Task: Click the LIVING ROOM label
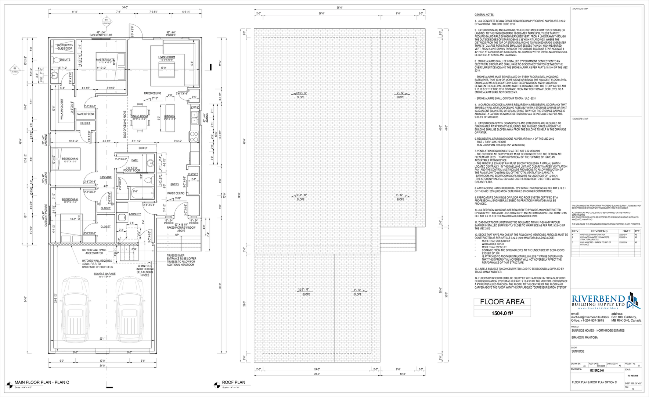(166, 57)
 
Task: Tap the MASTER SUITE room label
(105, 60)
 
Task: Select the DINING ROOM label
(139, 116)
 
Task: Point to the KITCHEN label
(170, 116)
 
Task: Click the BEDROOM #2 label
(69, 159)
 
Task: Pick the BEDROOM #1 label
(69, 199)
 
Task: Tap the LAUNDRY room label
(135, 214)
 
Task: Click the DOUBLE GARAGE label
(105, 274)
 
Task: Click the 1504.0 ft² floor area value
(502, 313)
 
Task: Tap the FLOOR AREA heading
(502, 302)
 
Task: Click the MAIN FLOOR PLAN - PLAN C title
(42, 383)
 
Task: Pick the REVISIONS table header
(599, 231)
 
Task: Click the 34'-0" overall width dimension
(125, 7)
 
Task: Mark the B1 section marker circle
(106, 19)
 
